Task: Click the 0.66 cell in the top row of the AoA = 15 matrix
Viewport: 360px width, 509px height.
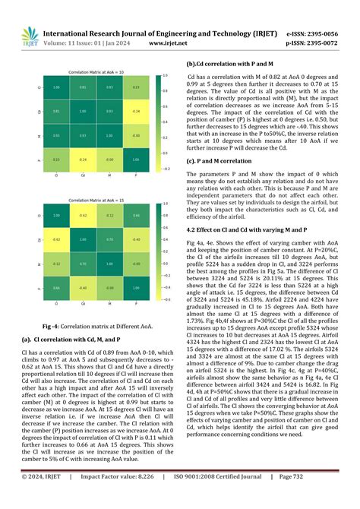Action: pyautogui.click(x=135, y=216)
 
